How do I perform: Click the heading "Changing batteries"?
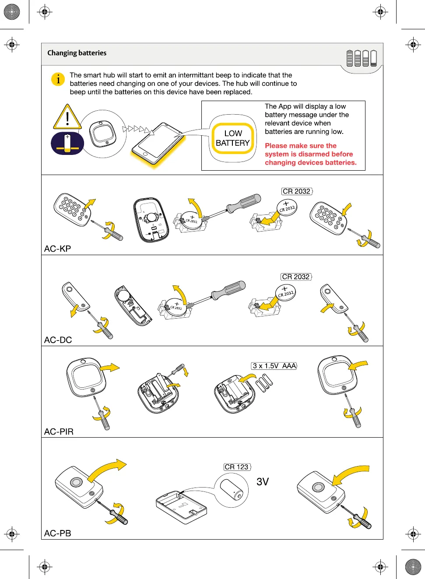point(77,53)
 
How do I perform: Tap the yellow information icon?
point(58,79)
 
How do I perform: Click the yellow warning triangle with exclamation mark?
point(67,117)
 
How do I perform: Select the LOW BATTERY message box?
point(232,138)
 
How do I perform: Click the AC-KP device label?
point(57,249)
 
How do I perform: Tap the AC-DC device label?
point(58,340)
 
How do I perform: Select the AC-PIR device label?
point(59,432)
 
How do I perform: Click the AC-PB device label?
point(57,533)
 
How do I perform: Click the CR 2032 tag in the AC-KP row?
point(296,191)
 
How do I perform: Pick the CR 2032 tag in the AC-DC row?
point(296,277)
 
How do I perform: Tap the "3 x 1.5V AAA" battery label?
point(274,366)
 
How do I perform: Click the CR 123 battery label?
point(236,467)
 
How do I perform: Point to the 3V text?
point(263,482)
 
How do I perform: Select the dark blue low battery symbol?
point(67,144)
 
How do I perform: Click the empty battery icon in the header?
point(373,58)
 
